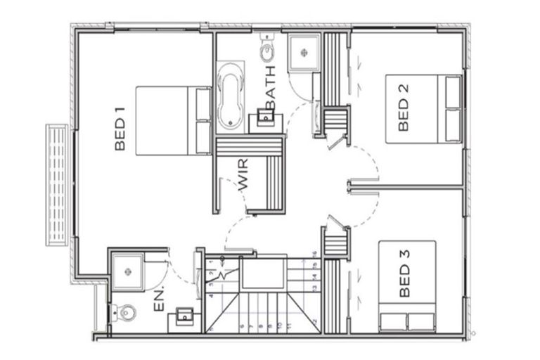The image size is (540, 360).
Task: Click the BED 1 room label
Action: click(x=120, y=129)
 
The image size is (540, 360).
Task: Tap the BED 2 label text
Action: click(x=404, y=113)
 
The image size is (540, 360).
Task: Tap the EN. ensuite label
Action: click(x=159, y=299)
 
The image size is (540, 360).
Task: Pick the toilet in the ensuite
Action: click(x=126, y=309)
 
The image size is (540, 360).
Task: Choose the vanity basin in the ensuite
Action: click(x=184, y=315)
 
